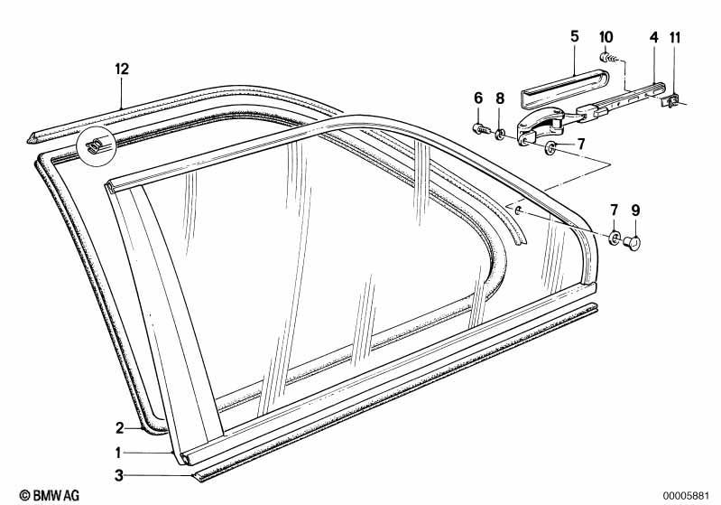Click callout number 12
point(122,69)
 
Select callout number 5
point(574,36)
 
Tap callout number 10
point(606,37)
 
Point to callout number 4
point(654,37)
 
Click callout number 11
point(675,37)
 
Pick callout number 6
point(478,98)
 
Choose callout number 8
point(500,98)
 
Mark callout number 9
point(635,210)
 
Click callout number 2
point(119,428)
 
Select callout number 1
point(118,453)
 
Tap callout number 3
point(119,475)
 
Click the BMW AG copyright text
point(50,495)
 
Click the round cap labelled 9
point(633,243)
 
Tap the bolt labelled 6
point(481,129)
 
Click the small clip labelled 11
point(670,100)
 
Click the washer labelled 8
point(500,135)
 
